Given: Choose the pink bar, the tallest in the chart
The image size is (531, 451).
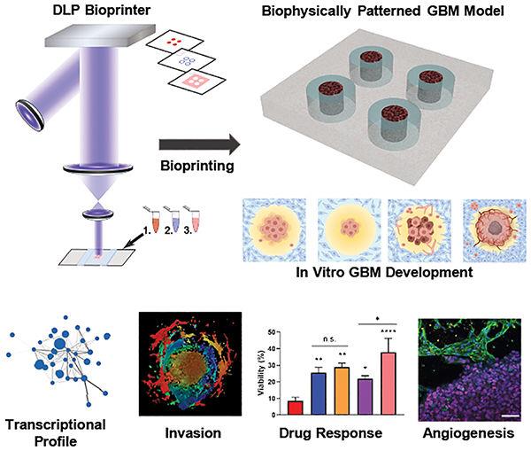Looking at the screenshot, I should (386, 384).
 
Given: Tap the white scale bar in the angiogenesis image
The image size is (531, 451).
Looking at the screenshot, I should (512, 412).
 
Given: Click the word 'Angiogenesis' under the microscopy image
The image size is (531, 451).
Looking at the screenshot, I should (475, 434).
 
